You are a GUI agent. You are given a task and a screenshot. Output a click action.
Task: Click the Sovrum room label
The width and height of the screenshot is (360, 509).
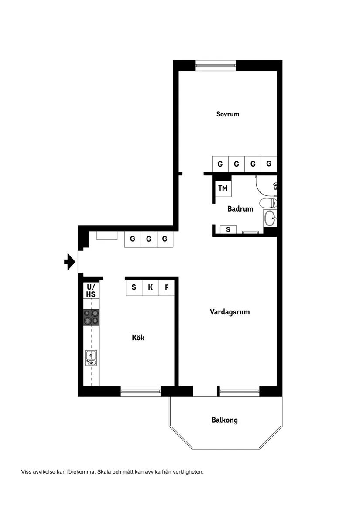228,114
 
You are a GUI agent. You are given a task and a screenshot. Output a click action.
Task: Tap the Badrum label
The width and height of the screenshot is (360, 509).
240,209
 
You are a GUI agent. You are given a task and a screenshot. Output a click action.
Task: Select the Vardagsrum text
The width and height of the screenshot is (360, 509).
230,312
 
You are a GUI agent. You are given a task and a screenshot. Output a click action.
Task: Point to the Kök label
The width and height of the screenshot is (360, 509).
138,338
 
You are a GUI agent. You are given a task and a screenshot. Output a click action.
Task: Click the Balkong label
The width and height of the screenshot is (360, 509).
225,420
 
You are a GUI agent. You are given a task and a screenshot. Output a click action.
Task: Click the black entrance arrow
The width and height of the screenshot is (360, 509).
70,262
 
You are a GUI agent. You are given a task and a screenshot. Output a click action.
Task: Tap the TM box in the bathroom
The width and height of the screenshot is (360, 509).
223,188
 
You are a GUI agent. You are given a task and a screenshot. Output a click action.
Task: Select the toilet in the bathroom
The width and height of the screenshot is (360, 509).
268,203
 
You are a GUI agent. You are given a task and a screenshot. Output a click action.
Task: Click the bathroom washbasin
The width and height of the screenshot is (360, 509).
270,218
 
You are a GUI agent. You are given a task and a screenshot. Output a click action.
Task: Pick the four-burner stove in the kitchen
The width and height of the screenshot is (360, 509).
91,317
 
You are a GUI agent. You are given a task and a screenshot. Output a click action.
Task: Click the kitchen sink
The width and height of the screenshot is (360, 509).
91,358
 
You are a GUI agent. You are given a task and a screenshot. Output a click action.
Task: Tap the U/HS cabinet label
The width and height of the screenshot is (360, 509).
91,290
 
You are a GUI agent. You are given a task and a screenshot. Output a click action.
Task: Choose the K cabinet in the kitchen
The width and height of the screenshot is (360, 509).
150,287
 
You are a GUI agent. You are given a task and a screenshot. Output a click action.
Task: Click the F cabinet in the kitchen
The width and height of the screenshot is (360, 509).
167,287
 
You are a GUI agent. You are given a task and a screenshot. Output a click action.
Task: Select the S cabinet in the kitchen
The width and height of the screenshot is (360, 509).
134,287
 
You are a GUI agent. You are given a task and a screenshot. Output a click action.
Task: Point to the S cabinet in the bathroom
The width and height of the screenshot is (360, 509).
228,229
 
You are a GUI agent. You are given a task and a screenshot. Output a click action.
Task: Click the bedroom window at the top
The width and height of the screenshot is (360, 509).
216,65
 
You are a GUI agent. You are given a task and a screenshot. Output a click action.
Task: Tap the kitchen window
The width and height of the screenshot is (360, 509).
141,391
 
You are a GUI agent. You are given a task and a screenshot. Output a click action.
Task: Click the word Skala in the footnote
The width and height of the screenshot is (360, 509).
104,472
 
